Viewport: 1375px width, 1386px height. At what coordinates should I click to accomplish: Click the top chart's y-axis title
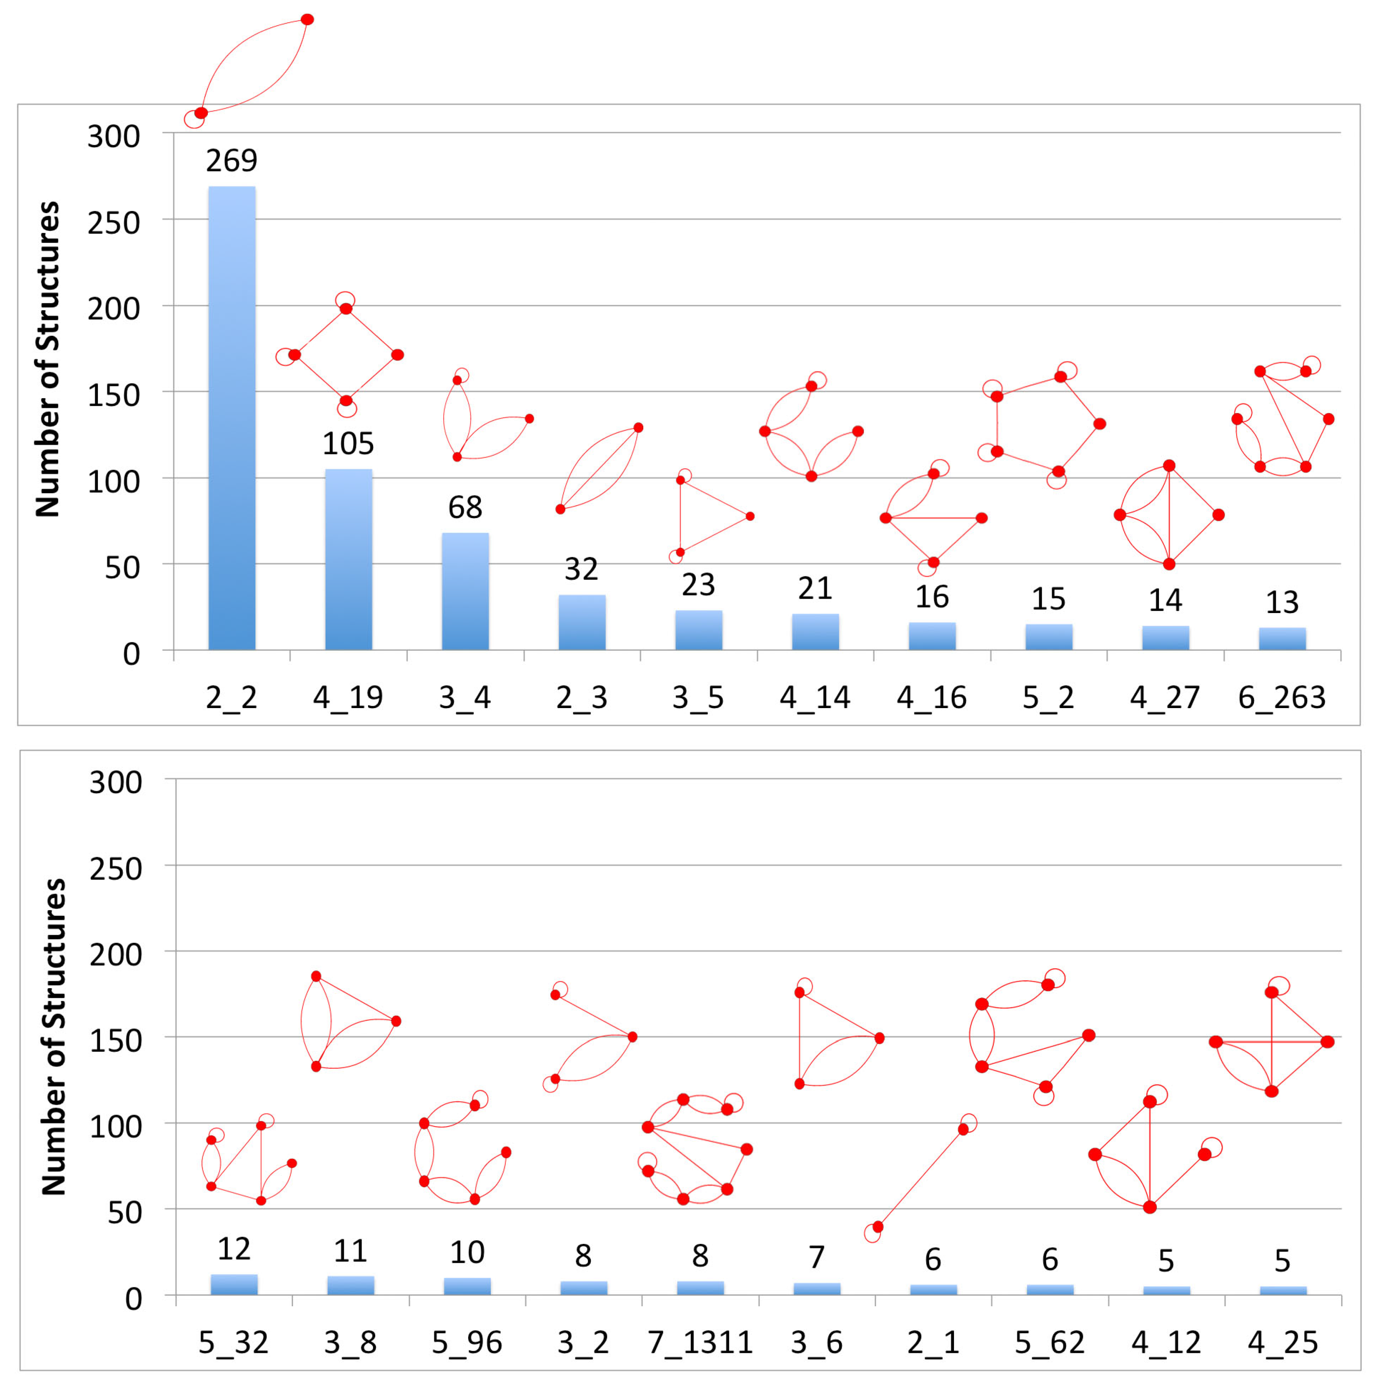(x=48, y=359)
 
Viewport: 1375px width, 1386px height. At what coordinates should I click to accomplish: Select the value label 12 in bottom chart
(x=233, y=1249)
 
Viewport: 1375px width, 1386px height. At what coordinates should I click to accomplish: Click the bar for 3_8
(x=350, y=1285)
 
